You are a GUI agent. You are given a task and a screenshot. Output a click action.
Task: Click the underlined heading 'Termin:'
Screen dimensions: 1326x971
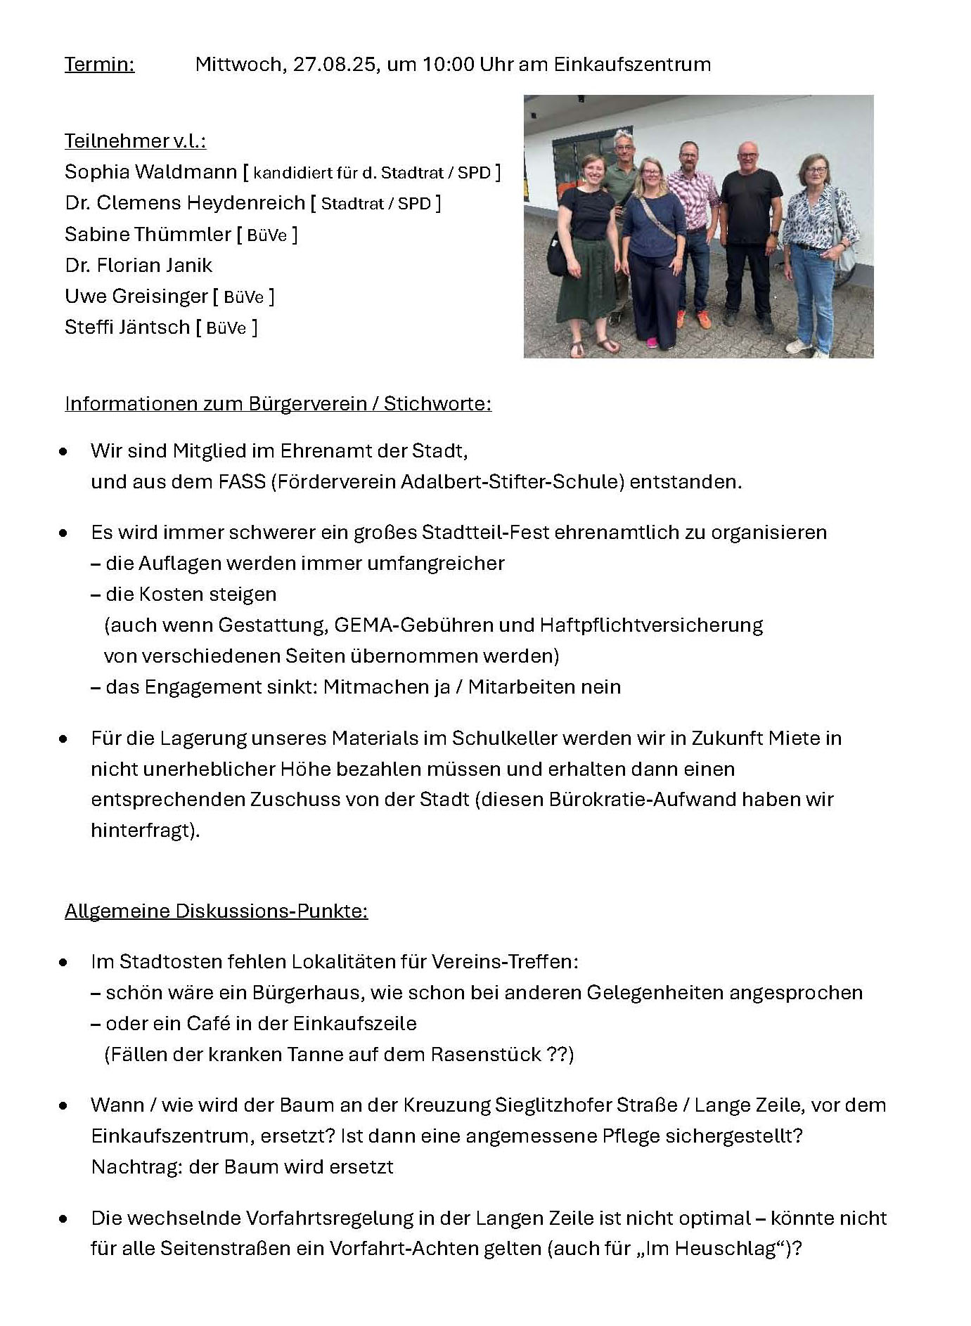pyautogui.click(x=99, y=65)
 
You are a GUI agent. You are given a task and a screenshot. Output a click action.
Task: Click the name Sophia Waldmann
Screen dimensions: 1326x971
pyautogui.click(x=150, y=172)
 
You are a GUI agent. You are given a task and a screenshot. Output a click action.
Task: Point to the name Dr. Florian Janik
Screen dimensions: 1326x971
pyautogui.click(x=139, y=266)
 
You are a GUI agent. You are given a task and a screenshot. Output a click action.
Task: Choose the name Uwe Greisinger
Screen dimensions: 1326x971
pyautogui.click(x=136, y=297)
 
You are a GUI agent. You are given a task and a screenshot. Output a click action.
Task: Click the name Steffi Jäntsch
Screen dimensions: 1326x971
pyautogui.click(x=127, y=327)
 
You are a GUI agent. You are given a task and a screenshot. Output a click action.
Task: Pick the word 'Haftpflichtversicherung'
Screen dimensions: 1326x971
pyautogui.click(x=651, y=625)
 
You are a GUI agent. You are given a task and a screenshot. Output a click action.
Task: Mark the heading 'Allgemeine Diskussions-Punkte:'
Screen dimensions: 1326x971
pyautogui.click(x=216, y=911)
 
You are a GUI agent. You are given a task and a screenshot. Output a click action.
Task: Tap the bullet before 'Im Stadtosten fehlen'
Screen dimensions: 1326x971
pyautogui.click(x=64, y=962)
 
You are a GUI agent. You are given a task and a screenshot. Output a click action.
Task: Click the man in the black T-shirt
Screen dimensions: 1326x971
pyautogui.click(x=750, y=232)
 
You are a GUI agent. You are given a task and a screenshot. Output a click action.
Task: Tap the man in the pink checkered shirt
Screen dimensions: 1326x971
pyautogui.click(x=693, y=225)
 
